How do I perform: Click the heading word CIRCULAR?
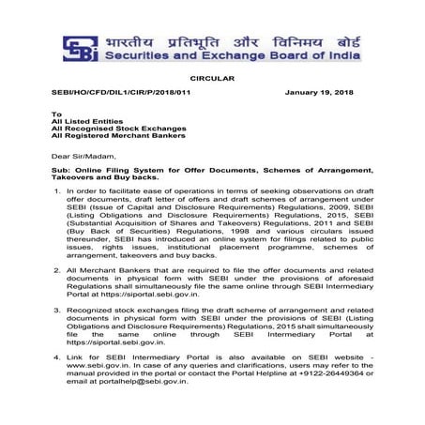point(212,83)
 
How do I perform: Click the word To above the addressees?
point(55,113)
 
